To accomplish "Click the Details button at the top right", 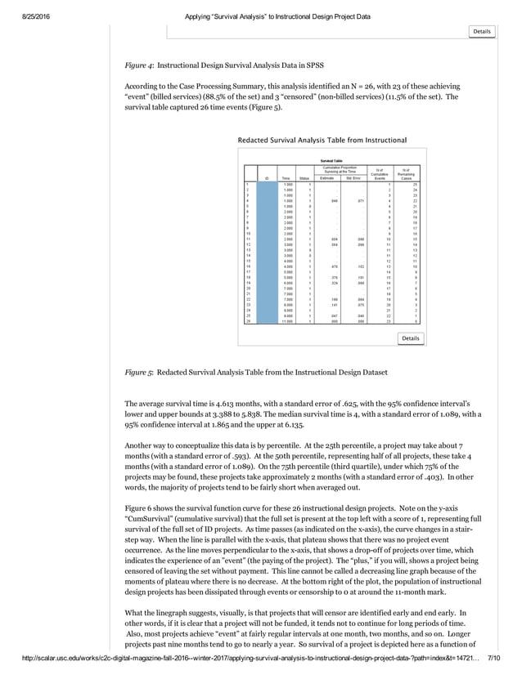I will click(481, 31).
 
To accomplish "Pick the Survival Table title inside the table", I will click(331, 161).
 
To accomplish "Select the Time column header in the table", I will click(286, 177).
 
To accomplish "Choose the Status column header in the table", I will click(304, 177).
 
